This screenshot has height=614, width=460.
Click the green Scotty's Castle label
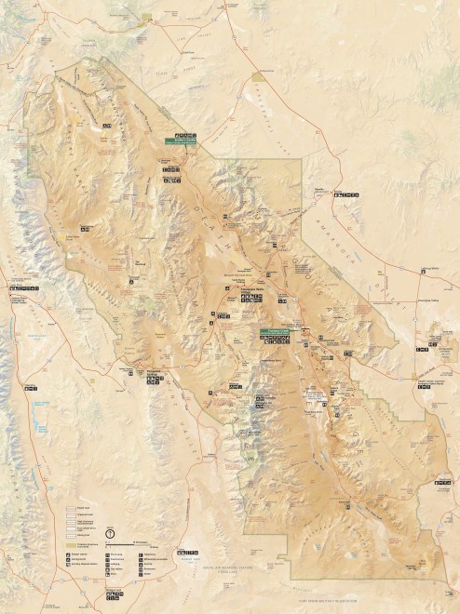(181, 141)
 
